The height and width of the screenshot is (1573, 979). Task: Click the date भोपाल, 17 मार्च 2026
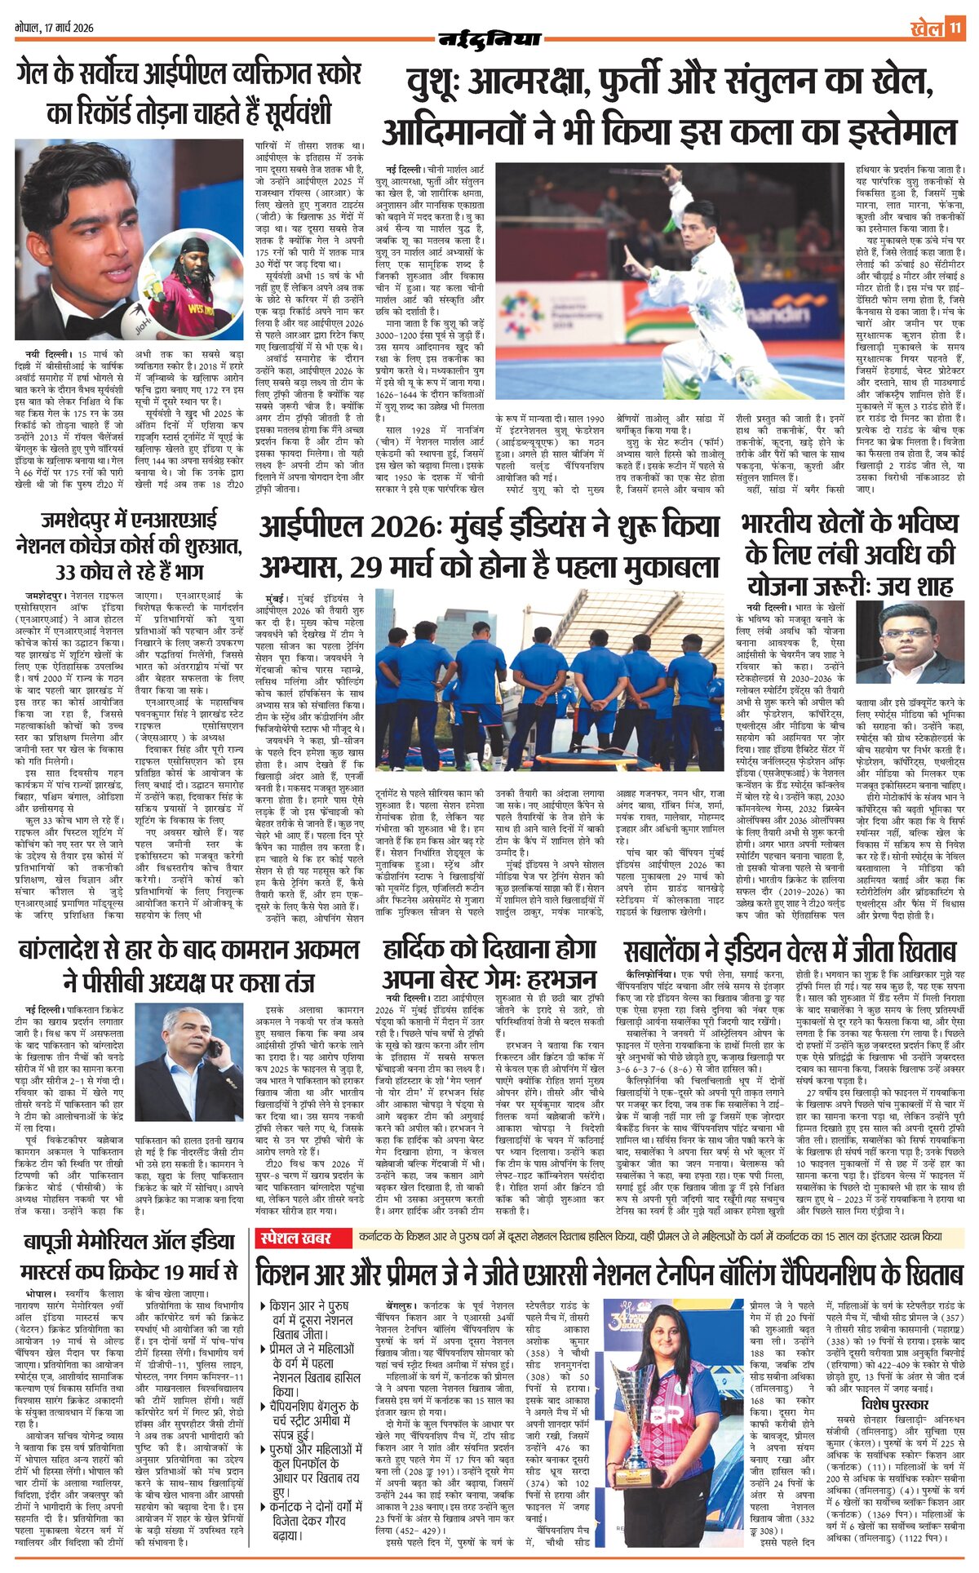click(x=55, y=28)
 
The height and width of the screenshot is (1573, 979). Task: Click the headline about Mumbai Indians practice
click(x=489, y=547)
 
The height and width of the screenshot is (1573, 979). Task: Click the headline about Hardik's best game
click(x=489, y=964)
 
